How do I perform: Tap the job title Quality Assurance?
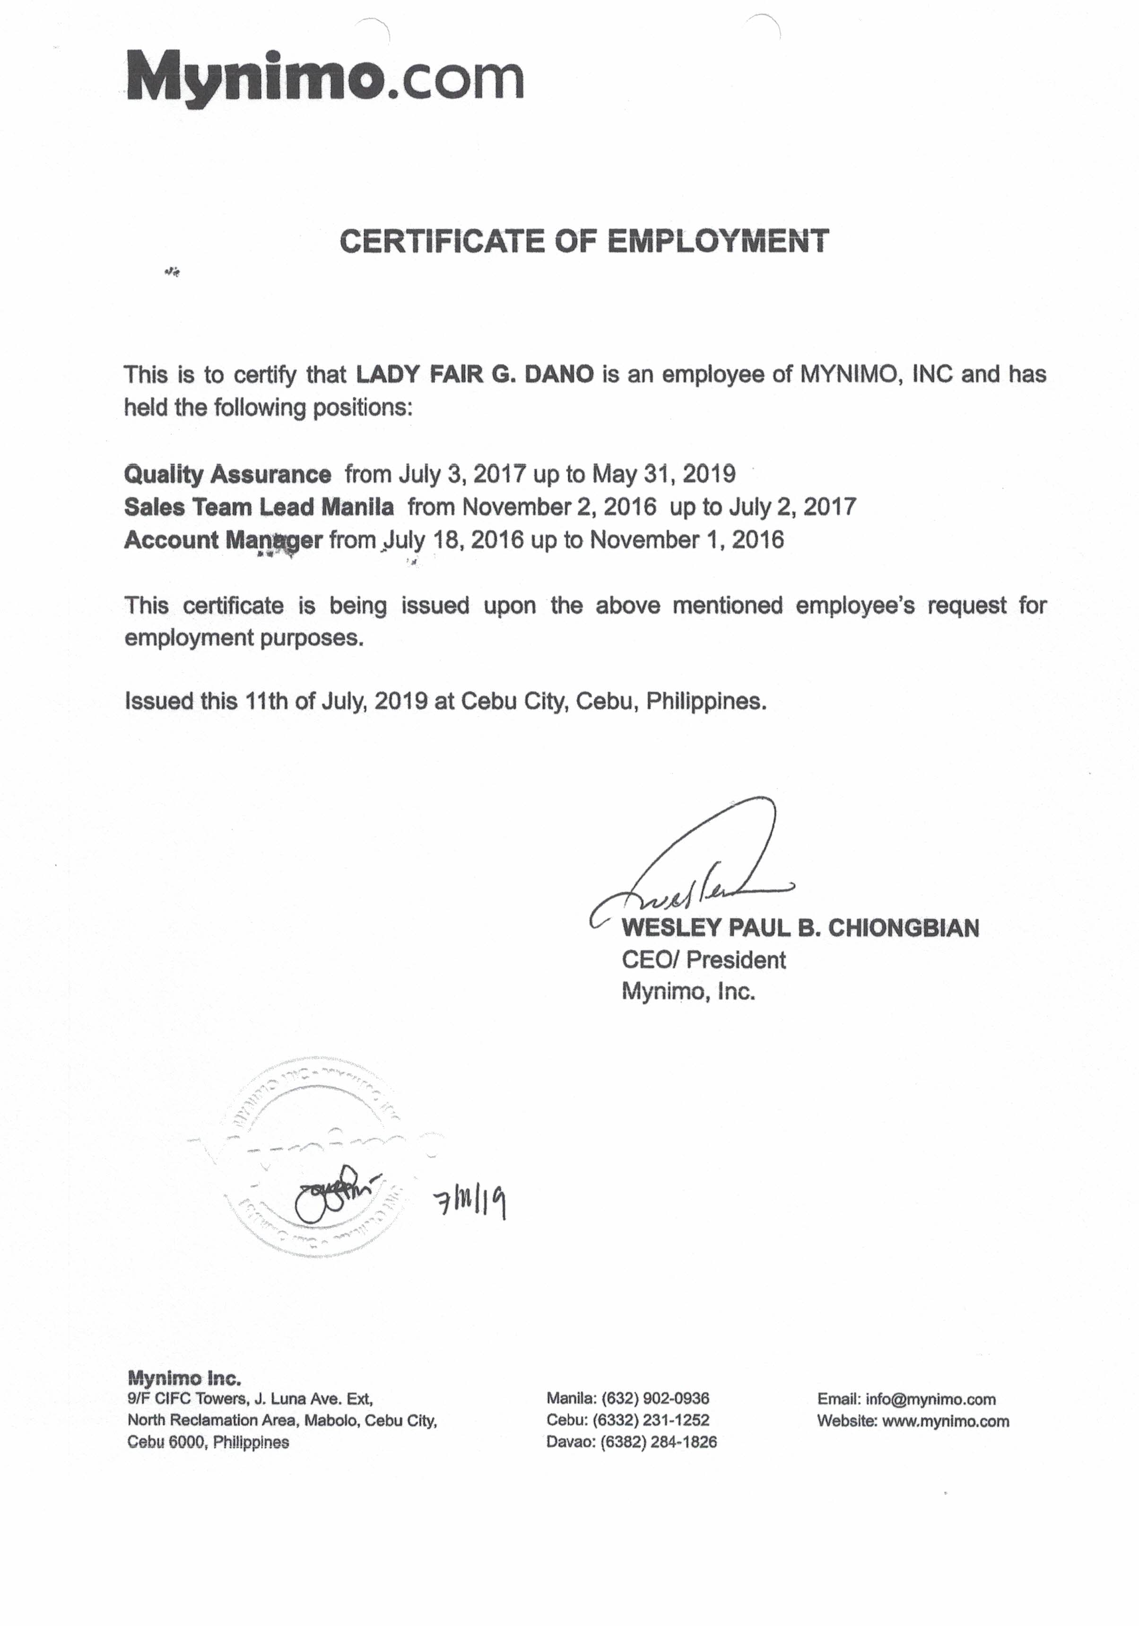pos(227,474)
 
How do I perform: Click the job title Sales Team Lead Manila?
pos(259,507)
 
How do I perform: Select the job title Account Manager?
pos(223,540)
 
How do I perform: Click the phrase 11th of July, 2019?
pos(336,701)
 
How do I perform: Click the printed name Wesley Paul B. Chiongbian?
pos(800,928)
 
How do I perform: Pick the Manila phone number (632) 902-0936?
pos(655,1398)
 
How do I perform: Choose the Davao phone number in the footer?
pos(658,1442)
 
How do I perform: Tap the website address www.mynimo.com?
pos(945,1421)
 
